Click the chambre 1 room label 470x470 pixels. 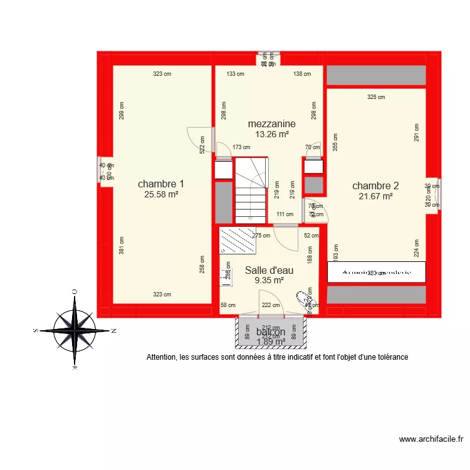pos(161,184)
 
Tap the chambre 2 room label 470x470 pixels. pos(375,185)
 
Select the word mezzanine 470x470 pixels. pos(271,124)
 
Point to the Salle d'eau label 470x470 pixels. pos(269,270)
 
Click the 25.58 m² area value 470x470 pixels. pos(161,195)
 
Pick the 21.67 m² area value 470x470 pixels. pos(375,196)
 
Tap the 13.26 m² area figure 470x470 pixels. pos(271,134)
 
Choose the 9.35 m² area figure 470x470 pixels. pos(269,280)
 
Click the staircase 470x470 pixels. pos(251,190)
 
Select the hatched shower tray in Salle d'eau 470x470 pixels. pos(238,240)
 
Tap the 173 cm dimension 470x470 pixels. pos(241,148)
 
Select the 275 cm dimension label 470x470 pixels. pos(261,236)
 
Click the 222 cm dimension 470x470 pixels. pos(271,305)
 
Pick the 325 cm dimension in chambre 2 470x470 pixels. pos(376,97)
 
